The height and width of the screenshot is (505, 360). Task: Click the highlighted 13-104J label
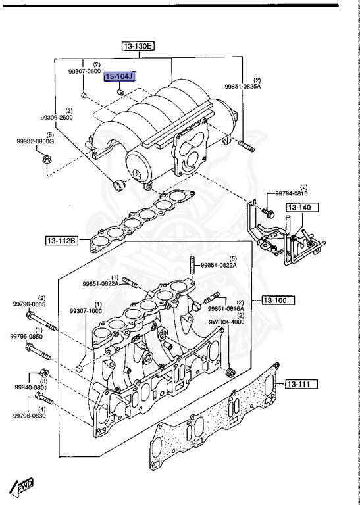[x=119, y=78]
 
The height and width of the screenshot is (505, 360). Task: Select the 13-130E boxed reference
[x=137, y=46]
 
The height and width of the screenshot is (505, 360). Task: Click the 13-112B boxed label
[x=61, y=241]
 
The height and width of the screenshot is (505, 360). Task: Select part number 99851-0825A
[x=243, y=85]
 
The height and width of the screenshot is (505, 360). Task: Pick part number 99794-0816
[x=292, y=193]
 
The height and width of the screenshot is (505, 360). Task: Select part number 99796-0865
[x=30, y=304]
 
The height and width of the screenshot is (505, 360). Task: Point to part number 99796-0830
[x=30, y=416]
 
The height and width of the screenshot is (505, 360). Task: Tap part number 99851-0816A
[x=226, y=308]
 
